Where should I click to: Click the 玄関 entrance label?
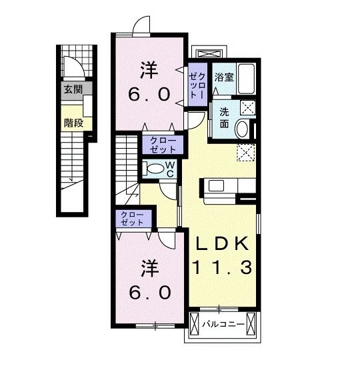coord(73,90)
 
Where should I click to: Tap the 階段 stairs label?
coord(74,123)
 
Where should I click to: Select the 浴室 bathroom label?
coord(224,77)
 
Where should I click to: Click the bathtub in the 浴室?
coord(246,79)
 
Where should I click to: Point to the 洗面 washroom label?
coord(224,118)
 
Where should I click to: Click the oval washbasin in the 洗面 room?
coord(242,129)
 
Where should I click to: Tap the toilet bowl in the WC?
coord(155,169)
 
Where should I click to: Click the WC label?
coord(170,169)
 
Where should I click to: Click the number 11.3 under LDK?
coord(222,267)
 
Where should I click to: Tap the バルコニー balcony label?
coord(223,324)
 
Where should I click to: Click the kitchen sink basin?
coord(216,185)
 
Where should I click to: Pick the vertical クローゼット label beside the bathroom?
coord(197,85)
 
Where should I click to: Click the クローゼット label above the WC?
coord(163,145)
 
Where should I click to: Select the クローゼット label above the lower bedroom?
coord(132,218)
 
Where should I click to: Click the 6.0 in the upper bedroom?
coord(149,94)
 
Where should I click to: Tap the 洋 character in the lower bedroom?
coord(149,268)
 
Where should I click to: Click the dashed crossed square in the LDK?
coord(246,153)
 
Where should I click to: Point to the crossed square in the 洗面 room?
coord(247,107)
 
